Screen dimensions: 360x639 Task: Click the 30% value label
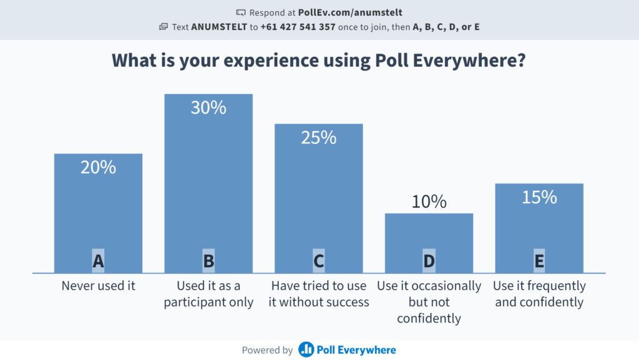pyautogui.click(x=208, y=108)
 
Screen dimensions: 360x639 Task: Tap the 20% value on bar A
pyautogui.click(x=98, y=167)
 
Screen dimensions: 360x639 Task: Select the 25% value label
pyautogui.click(x=319, y=137)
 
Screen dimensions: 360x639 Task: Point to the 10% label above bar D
pyautogui.click(x=429, y=202)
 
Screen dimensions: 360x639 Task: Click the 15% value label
pyautogui.click(x=539, y=197)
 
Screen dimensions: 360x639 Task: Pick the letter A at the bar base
pyautogui.click(x=98, y=261)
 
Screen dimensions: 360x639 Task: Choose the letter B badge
pyautogui.click(x=208, y=261)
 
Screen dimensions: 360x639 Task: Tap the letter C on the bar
pyautogui.click(x=319, y=261)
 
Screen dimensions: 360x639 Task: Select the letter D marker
pyautogui.click(x=429, y=261)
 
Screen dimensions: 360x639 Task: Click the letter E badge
pyautogui.click(x=539, y=261)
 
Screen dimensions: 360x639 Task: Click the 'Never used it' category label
pyautogui.click(x=98, y=286)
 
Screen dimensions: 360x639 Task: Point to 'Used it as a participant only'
pyautogui.click(x=208, y=294)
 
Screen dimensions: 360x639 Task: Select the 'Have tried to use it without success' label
pyautogui.click(x=319, y=294)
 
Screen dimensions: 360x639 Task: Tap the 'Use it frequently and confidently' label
pyautogui.click(x=539, y=294)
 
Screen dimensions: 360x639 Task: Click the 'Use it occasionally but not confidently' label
pyautogui.click(x=429, y=303)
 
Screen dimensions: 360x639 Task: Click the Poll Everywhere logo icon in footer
pyautogui.click(x=306, y=350)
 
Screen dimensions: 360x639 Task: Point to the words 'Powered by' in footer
pyautogui.click(x=267, y=350)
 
